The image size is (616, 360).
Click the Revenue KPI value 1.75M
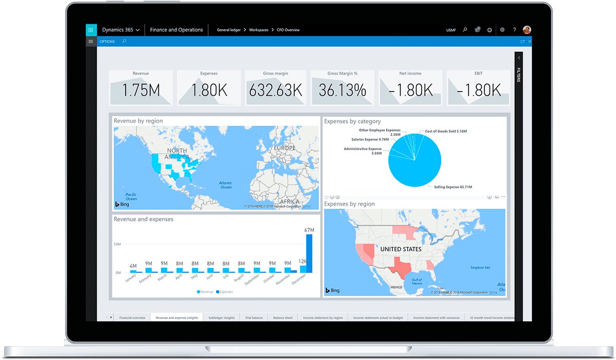pyautogui.click(x=141, y=90)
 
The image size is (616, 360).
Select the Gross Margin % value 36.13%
pyautogui.click(x=342, y=90)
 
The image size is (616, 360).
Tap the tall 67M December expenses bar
pyautogui.click(x=310, y=253)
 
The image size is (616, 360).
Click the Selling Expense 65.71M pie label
pyautogui.click(x=453, y=187)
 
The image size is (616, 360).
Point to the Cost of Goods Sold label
pyautogui.click(x=446, y=131)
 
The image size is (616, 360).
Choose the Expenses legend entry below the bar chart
pyautogui.click(x=224, y=292)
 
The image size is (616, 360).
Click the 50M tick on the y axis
pyautogui.click(x=117, y=244)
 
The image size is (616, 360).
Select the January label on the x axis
pyautogui.click(x=130, y=278)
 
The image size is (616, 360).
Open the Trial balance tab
pyautogui.click(x=254, y=318)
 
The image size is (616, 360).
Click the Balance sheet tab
pyautogui.click(x=283, y=318)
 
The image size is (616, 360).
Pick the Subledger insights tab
pyautogui.click(x=221, y=318)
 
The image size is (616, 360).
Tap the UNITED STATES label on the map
pyautogui.click(x=400, y=249)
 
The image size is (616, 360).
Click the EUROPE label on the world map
pyautogui.click(x=284, y=148)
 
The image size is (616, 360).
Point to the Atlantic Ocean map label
pyautogui.click(x=226, y=185)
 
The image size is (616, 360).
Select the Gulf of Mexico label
pyautogui.click(x=417, y=282)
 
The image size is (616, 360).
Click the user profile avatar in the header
pyautogui.click(x=526, y=30)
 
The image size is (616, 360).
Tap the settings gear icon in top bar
pyautogui.click(x=502, y=30)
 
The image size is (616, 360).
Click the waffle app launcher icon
pyautogui.click(x=91, y=30)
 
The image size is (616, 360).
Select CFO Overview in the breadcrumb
pyautogui.click(x=288, y=30)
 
